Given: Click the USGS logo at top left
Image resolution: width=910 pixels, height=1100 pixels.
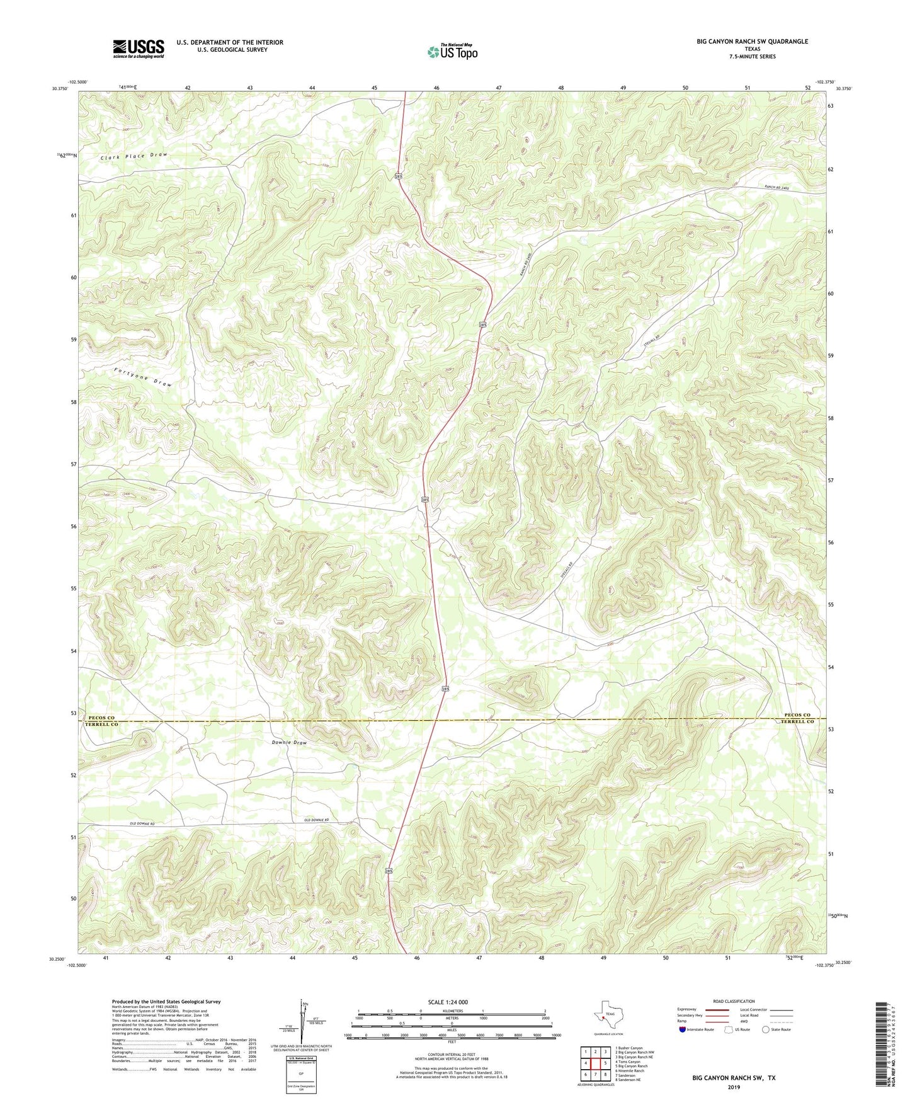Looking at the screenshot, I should pos(139,49).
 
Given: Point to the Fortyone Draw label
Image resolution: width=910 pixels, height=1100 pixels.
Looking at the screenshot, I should pos(142,377).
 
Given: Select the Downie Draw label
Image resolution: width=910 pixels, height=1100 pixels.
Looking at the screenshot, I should pos(289,742).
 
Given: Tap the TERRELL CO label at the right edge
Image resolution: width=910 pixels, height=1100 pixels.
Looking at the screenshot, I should pos(797,721).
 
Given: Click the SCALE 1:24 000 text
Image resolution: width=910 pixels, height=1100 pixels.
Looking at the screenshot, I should pos(447,1002).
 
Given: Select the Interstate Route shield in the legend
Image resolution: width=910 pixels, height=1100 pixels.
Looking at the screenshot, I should pos(683,1029).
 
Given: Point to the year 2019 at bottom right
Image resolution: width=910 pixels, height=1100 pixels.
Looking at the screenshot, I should pos(734,1087).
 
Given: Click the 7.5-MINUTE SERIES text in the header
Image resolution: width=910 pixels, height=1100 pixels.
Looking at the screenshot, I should pos(752,57).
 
